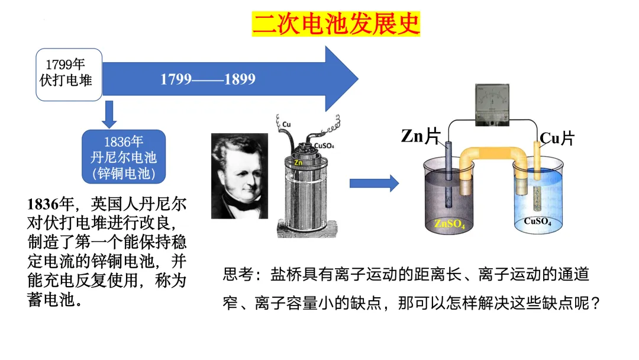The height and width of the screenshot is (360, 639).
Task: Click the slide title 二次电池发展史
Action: click(336, 24)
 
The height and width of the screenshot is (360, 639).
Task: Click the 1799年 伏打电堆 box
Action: click(69, 73)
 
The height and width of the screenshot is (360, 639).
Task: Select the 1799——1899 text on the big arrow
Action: click(208, 79)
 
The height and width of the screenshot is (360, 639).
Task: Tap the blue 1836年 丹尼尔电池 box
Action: click(124, 157)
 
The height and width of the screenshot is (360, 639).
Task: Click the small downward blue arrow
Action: click(109, 114)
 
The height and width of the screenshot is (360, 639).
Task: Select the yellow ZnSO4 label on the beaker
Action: click(450, 224)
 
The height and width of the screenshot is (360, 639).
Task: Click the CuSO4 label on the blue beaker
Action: click(538, 222)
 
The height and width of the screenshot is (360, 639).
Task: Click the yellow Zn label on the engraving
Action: click(299, 160)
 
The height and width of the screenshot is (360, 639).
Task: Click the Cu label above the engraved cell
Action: click(287, 124)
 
